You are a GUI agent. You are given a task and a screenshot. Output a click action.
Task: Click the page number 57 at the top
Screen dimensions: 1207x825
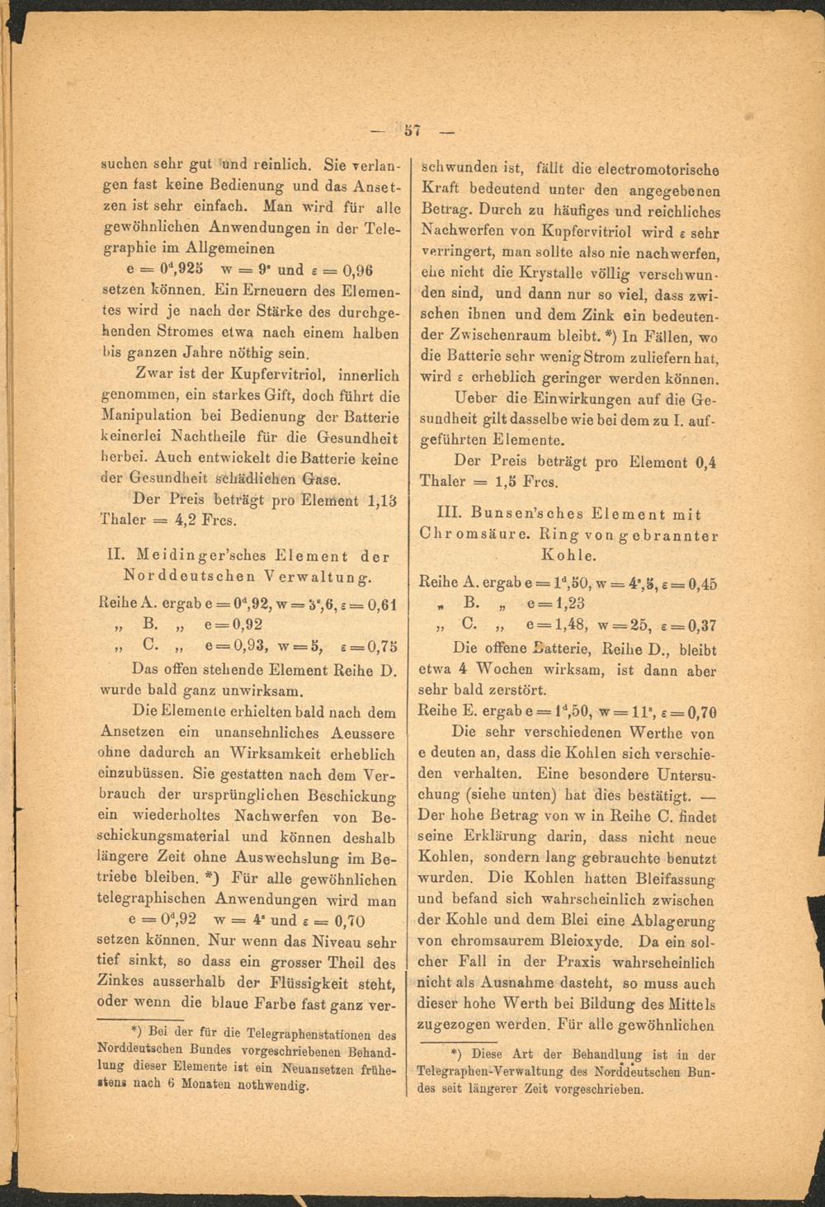pos(413,130)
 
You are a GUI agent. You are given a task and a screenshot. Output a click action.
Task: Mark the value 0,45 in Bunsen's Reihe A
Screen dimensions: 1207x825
pos(701,583)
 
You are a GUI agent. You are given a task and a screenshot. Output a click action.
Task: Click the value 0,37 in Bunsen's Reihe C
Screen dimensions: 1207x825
pos(701,625)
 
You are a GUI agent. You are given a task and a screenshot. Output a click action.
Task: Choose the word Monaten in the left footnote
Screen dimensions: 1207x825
pos(207,1085)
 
